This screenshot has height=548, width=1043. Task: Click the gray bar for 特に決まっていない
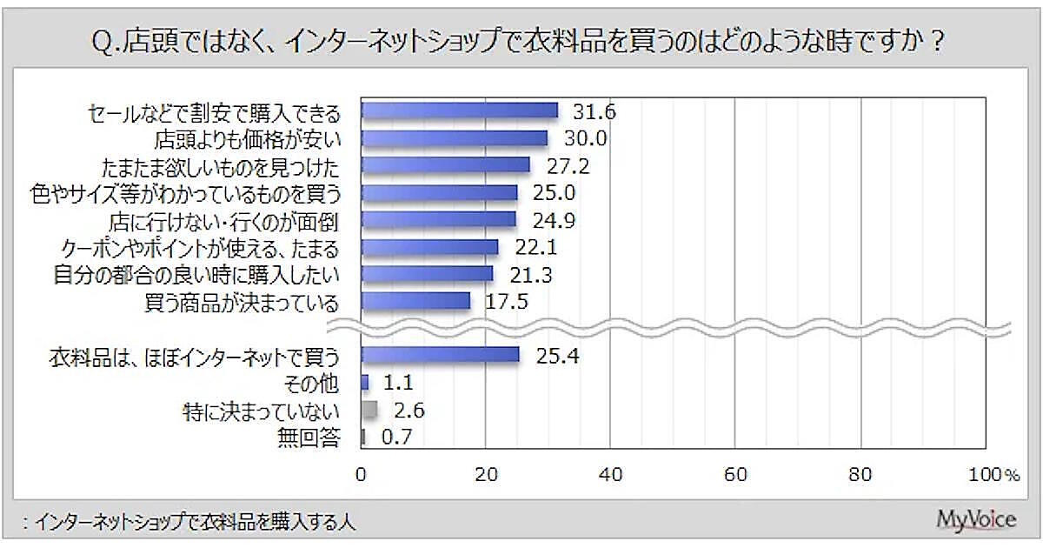point(369,410)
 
